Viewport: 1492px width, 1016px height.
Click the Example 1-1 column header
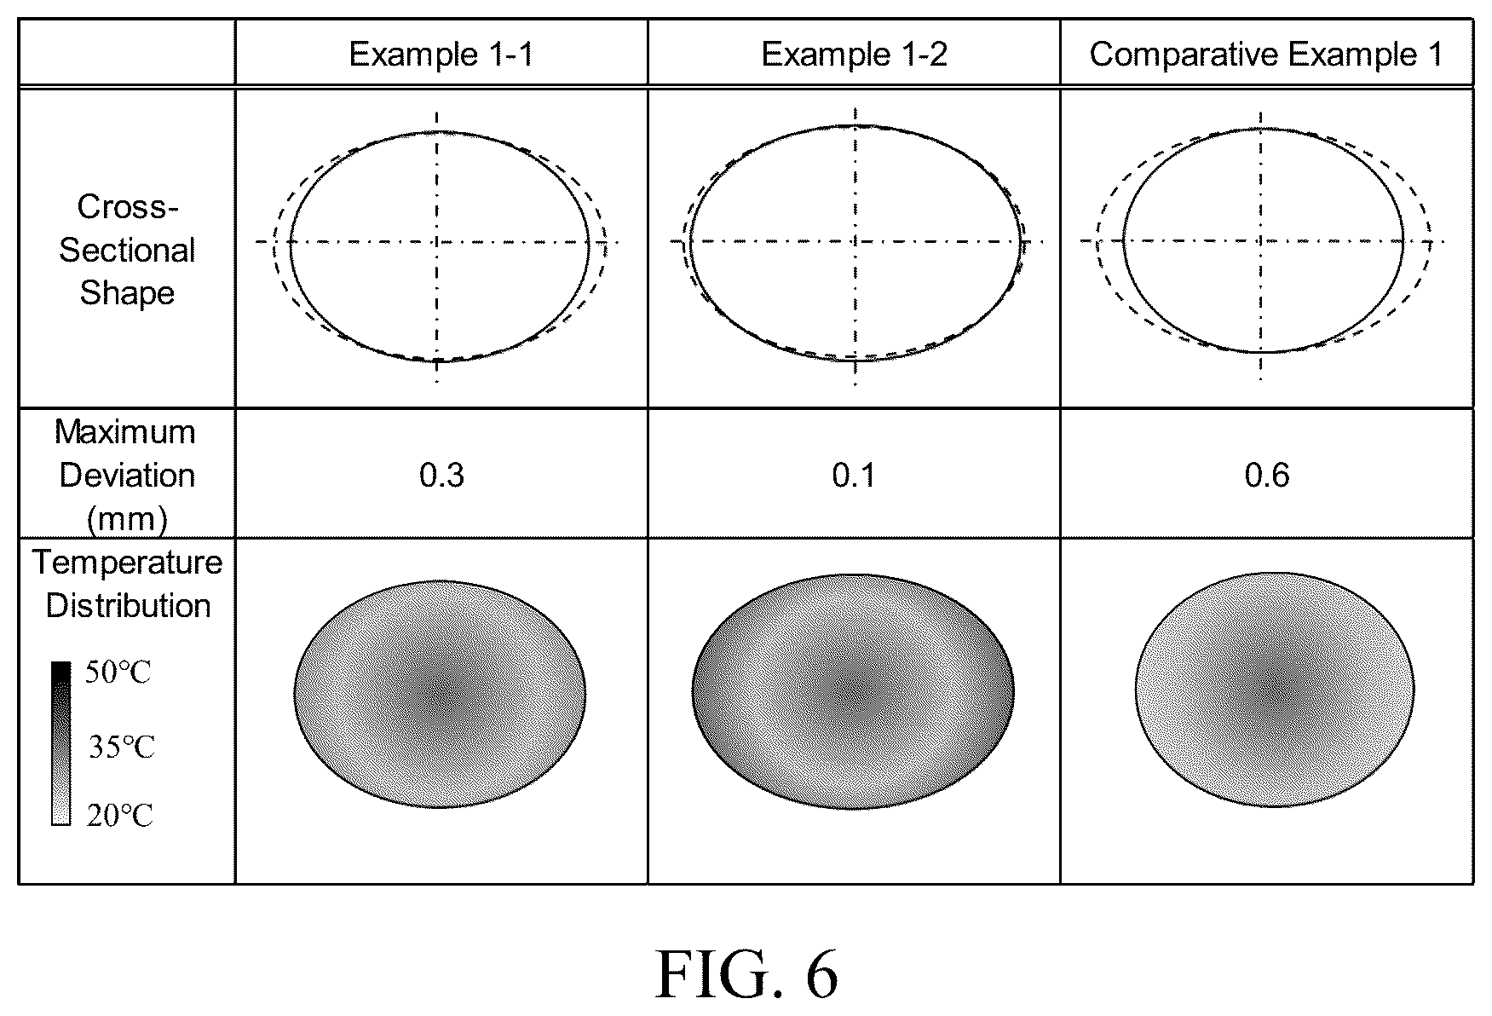[441, 55]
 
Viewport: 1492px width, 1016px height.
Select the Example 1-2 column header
[854, 55]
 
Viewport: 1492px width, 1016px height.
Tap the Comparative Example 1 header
[1266, 55]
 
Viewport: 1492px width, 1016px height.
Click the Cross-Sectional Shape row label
[127, 250]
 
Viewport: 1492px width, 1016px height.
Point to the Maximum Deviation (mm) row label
[126, 475]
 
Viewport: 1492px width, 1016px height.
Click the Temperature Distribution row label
[128, 584]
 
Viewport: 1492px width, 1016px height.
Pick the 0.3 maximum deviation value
[442, 475]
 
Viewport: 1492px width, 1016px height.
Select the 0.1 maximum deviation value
[854, 475]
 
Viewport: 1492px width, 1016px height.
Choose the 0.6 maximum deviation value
[1267, 475]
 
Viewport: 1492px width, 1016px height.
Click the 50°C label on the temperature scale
[118, 673]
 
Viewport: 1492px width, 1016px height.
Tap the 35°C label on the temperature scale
[122, 748]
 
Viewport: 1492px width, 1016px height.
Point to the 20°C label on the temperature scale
[119, 816]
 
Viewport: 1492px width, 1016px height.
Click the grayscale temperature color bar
[60, 743]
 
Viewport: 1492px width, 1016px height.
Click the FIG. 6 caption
[746, 973]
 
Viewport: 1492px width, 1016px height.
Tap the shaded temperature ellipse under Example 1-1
[440, 694]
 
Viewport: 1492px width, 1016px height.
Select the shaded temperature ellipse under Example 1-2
[854, 691]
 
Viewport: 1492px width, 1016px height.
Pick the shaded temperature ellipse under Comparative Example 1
[1275, 690]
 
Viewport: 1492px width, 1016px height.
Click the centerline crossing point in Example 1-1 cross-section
[437, 242]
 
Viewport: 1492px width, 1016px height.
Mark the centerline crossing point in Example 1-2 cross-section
[855, 241]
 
